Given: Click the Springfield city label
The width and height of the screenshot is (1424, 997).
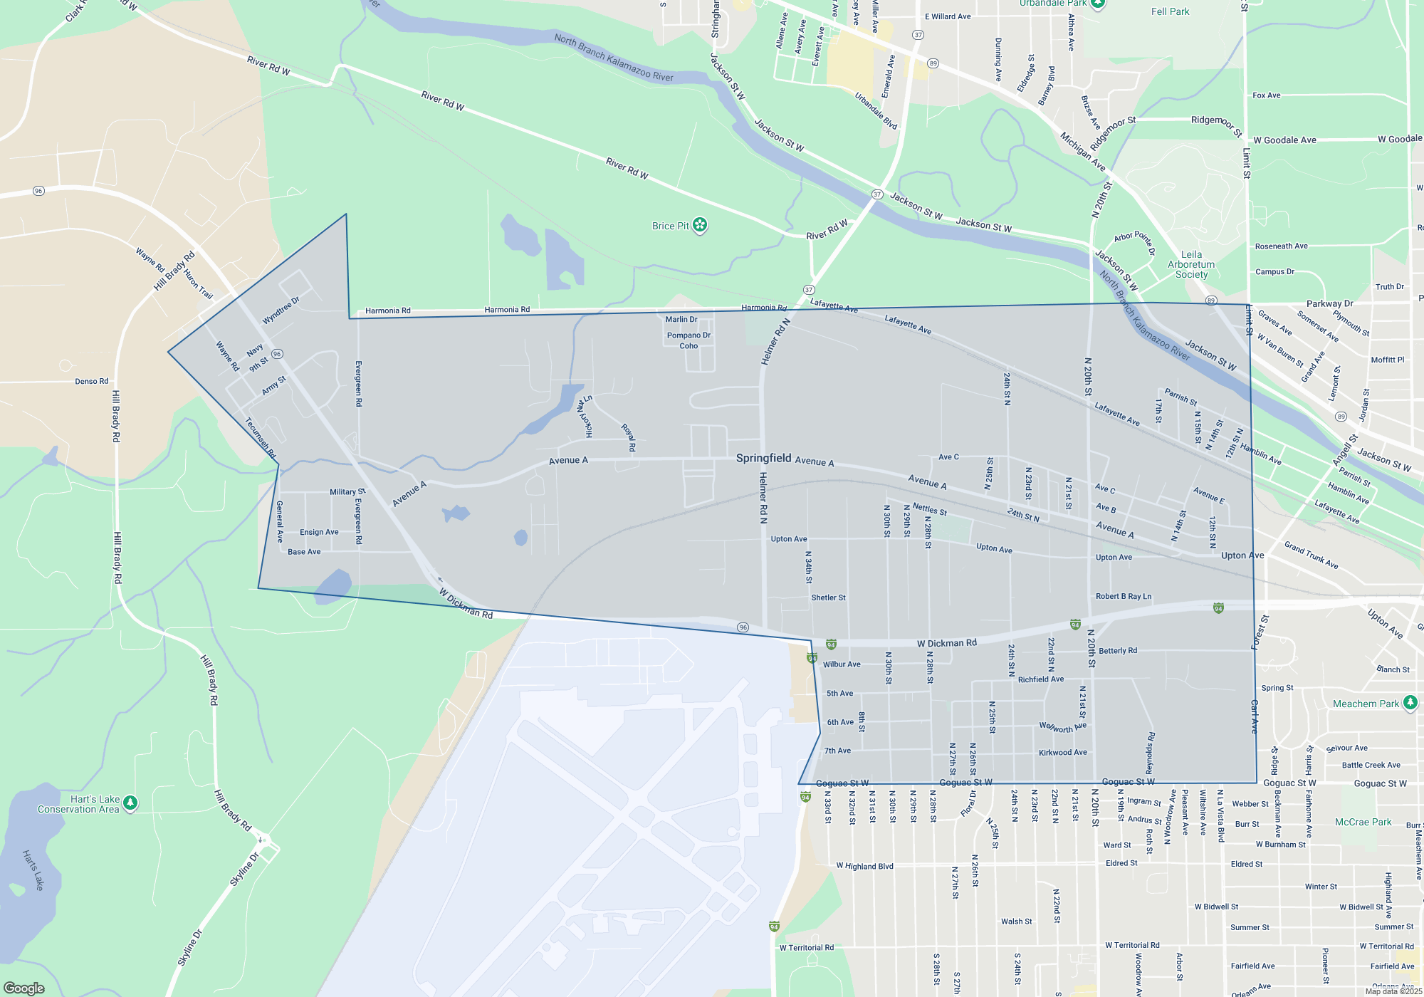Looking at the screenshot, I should click(x=763, y=458).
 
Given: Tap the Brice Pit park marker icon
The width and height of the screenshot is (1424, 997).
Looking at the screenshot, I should click(x=700, y=226).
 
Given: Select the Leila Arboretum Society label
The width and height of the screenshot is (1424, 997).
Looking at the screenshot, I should click(x=1191, y=264).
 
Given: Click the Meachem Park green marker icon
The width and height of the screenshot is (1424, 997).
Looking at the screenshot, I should click(x=1410, y=704).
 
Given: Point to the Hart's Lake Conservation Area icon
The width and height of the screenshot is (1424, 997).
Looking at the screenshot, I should click(x=130, y=803).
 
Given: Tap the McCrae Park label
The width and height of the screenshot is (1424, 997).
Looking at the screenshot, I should click(x=1363, y=822).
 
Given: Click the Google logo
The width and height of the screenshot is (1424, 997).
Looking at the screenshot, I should click(x=24, y=988).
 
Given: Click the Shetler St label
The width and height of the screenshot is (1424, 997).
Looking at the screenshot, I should click(x=828, y=597).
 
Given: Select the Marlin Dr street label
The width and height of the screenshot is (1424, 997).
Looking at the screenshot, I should click(x=681, y=320).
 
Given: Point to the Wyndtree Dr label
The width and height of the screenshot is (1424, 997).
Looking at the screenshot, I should click(x=281, y=310).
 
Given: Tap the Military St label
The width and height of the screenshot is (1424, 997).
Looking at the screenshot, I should click(x=347, y=492).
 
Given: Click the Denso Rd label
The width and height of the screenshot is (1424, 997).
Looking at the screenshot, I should click(x=92, y=382).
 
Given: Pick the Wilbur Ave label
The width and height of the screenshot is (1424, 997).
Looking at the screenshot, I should click(x=842, y=664).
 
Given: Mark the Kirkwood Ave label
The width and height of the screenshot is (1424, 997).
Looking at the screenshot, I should click(x=1062, y=753).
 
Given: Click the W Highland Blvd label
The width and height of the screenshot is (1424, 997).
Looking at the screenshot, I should click(x=864, y=867).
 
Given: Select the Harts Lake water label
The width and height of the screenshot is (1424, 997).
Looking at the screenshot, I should click(x=33, y=870).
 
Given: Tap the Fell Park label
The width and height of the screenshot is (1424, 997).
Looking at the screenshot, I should click(x=1170, y=12).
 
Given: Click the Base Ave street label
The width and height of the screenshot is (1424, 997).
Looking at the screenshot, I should click(x=304, y=552).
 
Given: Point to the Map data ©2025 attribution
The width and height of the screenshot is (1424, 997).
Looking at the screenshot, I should click(x=1393, y=991).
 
